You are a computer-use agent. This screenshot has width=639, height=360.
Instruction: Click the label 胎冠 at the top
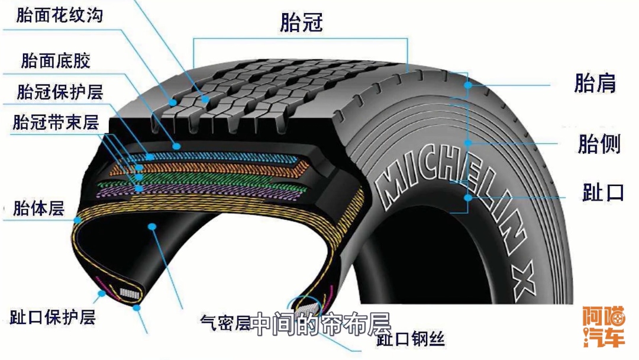302,22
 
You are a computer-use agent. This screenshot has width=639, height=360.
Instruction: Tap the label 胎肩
595,83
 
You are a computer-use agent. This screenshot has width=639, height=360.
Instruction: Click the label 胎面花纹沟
59,15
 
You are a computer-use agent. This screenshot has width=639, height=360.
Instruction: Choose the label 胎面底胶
56,60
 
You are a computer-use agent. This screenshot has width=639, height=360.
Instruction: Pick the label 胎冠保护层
60,92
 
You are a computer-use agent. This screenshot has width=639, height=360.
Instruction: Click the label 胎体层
38,208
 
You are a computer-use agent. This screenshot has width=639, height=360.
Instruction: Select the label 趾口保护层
53,317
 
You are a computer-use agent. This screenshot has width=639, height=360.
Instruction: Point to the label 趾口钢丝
411,339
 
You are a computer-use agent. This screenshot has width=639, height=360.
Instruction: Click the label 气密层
225,323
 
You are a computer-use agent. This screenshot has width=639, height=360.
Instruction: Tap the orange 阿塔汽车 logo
603,326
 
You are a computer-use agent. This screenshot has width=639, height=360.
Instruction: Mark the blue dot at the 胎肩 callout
468,85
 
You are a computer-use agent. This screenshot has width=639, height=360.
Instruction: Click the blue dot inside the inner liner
153,226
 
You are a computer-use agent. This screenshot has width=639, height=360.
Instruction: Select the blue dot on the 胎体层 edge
78,220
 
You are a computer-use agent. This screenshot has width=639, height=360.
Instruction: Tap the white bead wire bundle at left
128,292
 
